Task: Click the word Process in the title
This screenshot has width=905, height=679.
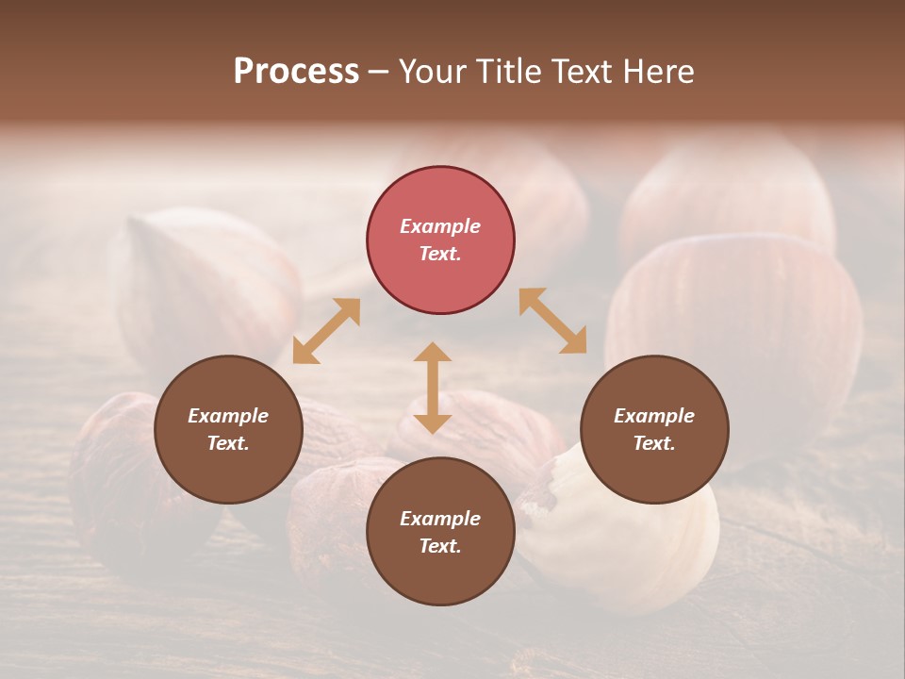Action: [x=296, y=72]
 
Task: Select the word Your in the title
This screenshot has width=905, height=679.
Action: [x=433, y=72]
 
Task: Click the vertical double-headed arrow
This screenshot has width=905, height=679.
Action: [x=433, y=388]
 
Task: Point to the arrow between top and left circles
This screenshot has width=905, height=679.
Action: [x=326, y=331]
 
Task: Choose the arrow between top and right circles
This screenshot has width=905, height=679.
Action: [x=552, y=321]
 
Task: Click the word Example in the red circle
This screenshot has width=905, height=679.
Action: [x=440, y=226]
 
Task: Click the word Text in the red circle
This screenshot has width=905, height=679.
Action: [x=440, y=254]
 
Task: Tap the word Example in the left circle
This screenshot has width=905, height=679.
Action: [x=228, y=416]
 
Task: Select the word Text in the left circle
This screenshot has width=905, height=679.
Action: [x=228, y=443]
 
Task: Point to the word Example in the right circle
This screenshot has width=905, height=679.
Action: [x=654, y=416]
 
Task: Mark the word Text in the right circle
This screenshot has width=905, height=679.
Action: [x=654, y=443]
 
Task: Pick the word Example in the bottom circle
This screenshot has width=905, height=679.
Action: [x=440, y=519]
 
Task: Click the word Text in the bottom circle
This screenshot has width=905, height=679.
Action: [x=440, y=546]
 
